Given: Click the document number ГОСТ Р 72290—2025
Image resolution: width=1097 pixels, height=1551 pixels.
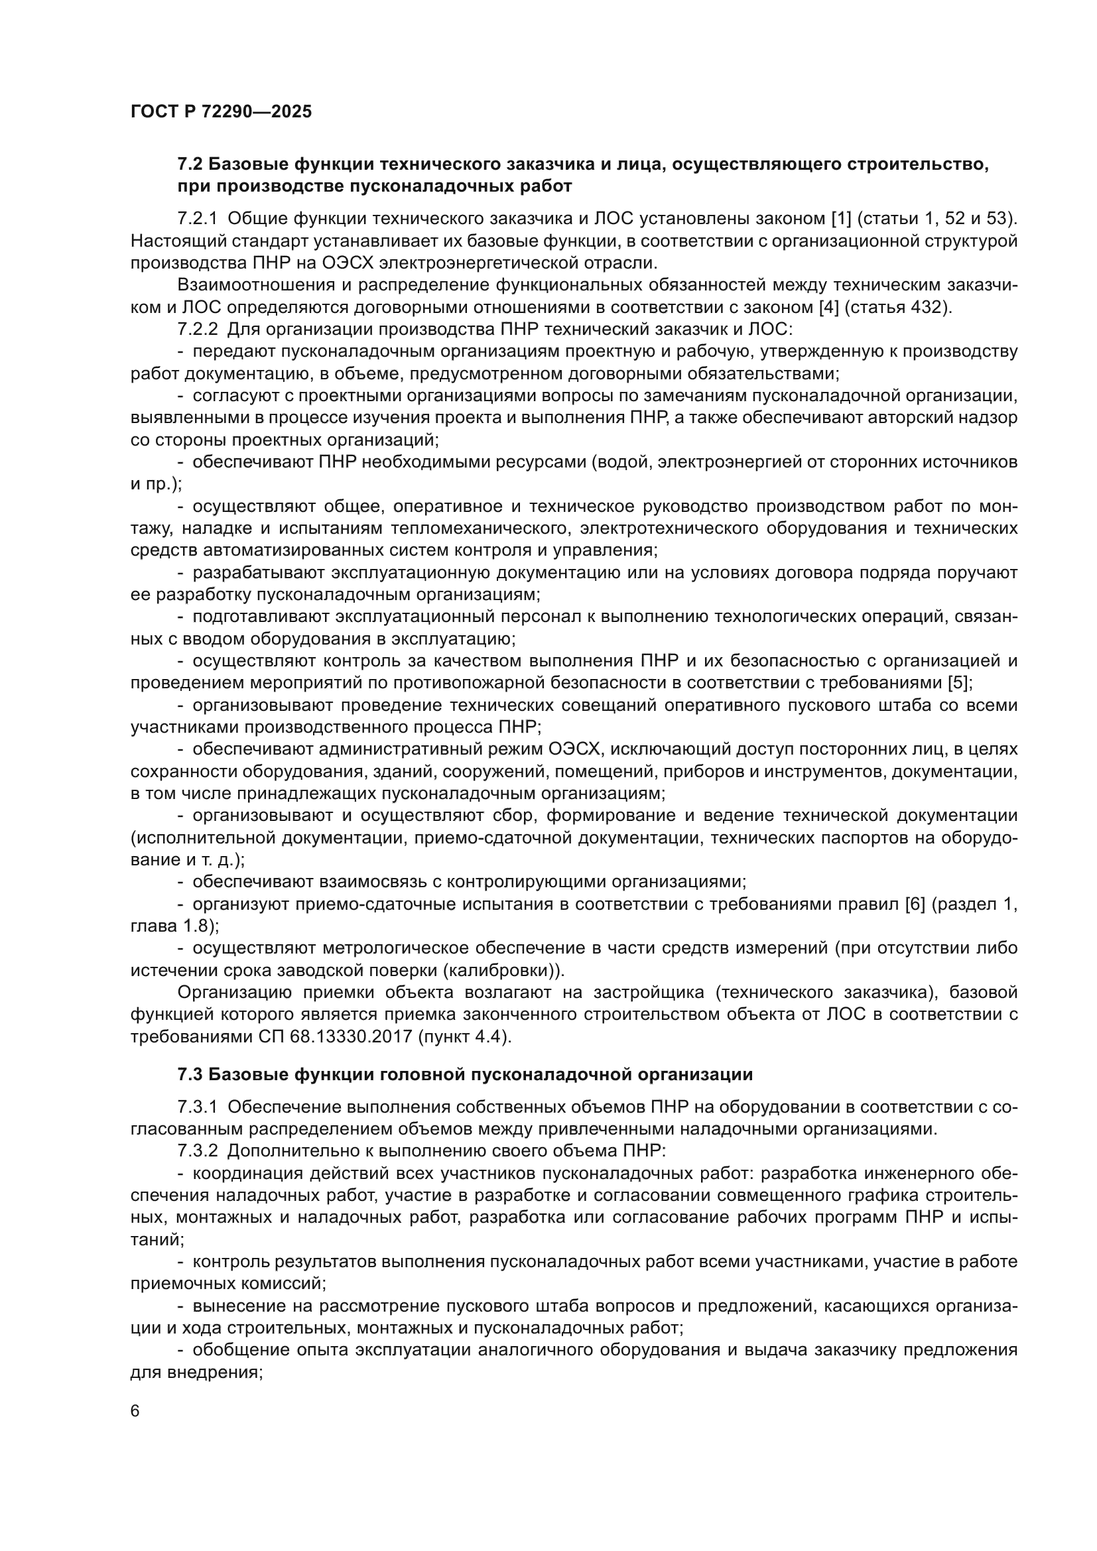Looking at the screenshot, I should point(221,112).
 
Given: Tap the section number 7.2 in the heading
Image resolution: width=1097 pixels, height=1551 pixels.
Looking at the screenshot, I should point(190,164).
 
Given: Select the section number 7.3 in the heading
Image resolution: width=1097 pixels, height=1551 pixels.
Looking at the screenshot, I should point(190,1074).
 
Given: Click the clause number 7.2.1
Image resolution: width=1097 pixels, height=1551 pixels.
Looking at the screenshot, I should point(198,219).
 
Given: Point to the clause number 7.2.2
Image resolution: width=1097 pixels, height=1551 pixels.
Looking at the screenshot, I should point(198,329).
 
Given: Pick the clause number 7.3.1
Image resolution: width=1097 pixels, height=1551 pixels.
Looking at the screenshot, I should point(198,1107).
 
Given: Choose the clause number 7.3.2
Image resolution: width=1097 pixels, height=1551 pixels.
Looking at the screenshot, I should point(198,1151).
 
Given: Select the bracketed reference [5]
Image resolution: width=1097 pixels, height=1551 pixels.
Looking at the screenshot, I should point(960,682).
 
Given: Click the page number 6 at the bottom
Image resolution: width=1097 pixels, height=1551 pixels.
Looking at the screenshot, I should point(135,1411).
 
